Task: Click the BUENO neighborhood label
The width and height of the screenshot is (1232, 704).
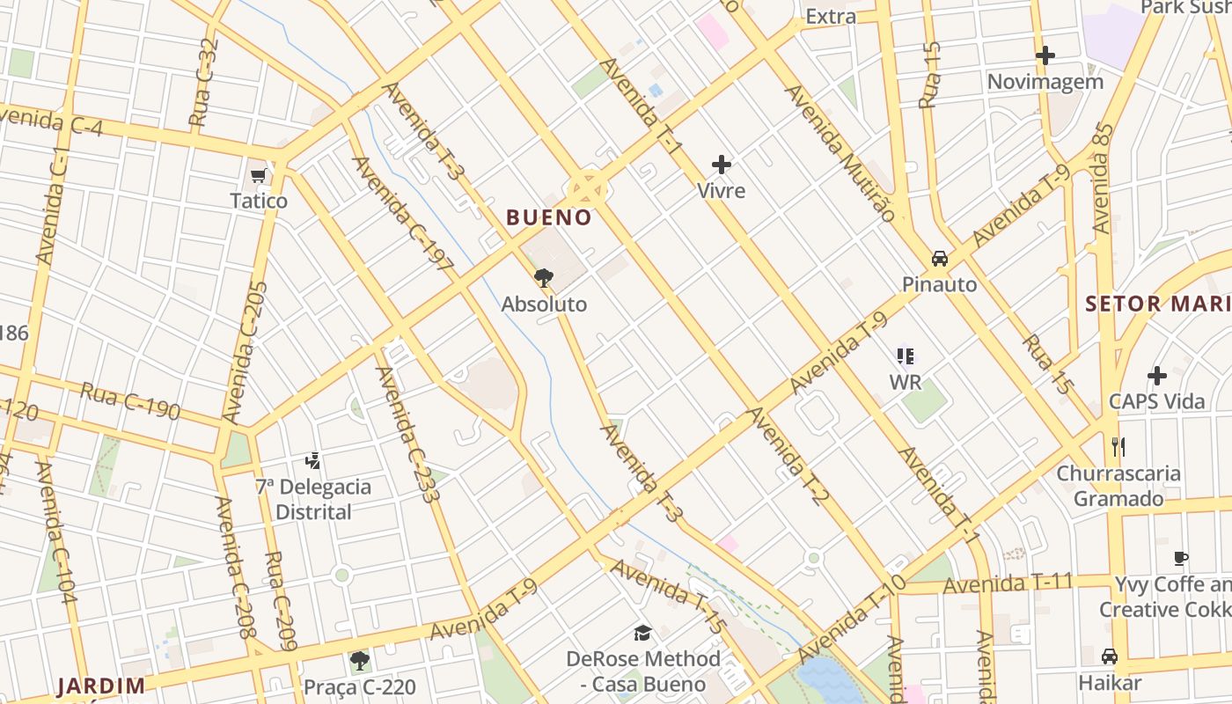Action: [x=548, y=217]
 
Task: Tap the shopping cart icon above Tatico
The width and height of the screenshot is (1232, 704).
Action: [x=258, y=176]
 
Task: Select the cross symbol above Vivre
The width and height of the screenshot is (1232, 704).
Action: [x=722, y=165]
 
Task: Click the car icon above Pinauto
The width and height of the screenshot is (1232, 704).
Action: [x=940, y=259]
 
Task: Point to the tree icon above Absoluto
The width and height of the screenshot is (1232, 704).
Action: [x=544, y=279]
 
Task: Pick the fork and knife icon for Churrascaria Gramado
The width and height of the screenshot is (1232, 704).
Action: [x=1118, y=447]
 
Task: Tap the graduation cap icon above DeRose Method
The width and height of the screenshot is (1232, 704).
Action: [x=643, y=634]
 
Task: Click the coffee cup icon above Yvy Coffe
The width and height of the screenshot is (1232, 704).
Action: [x=1181, y=558]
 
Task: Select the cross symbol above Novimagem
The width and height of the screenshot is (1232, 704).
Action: [x=1045, y=56]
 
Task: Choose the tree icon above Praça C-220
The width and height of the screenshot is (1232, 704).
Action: [x=359, y=660]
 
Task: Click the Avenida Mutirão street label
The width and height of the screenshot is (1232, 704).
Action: [x=840, y=153]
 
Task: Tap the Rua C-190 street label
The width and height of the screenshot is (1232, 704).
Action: [x=130, y=401]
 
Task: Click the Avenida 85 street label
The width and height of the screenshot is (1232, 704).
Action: [x=1103, y=178]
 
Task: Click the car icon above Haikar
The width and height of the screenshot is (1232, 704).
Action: [x=1110, y=656]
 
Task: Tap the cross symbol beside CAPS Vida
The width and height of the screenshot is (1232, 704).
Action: [x=1157, y=377]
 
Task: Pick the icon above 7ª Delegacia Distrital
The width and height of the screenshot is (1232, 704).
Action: [x=312, y=460]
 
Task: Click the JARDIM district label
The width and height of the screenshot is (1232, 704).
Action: [x=101, y=686]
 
